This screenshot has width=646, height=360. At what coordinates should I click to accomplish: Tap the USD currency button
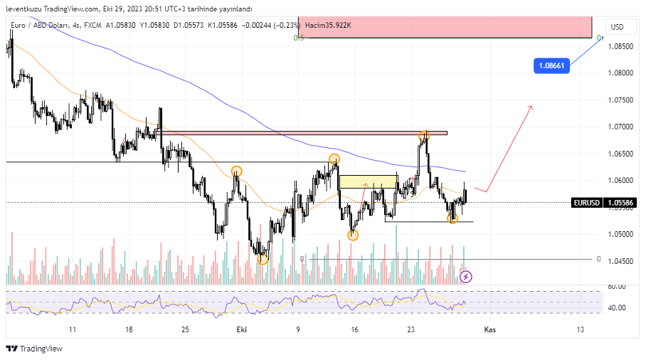tap(617, 27)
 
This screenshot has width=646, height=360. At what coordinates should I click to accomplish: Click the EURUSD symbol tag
tap(587, 203)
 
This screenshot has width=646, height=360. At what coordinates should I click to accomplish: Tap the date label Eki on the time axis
tap(240, 330)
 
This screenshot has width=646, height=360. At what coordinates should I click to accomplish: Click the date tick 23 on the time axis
tap(411, 330)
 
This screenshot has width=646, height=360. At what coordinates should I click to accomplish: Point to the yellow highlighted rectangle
tap(368, 181)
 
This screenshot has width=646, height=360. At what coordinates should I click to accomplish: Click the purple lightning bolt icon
tap(466, 277)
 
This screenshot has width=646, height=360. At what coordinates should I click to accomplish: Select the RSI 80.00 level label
tap(618, 286)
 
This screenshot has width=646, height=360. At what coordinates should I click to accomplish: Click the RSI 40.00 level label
tap(618, 308)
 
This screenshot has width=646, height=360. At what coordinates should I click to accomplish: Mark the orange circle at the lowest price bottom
tap(263, 259)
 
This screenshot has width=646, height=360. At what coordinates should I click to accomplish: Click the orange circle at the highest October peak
tap(424, 135)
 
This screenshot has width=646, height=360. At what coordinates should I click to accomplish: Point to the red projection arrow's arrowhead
tap(531, 107)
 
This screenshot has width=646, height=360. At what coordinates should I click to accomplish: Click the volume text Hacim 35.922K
tap(328, 26)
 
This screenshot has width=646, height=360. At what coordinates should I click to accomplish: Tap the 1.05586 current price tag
tap(624, 203)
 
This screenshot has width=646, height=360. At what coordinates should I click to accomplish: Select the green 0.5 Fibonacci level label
tap(299, 38)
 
